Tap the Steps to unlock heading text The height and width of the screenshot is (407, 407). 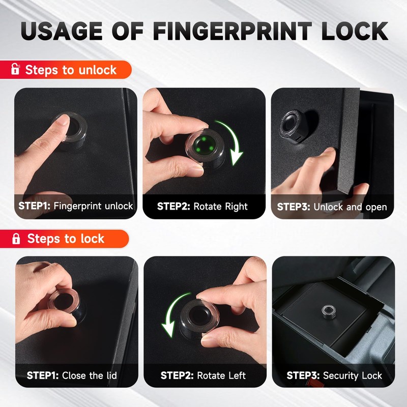click(71, 70)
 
